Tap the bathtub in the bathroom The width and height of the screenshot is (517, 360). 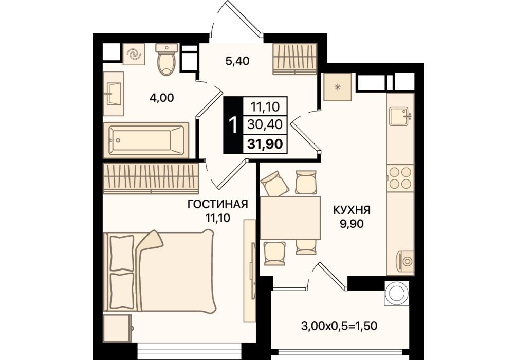point(146,140)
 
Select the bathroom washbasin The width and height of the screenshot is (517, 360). point(114,94)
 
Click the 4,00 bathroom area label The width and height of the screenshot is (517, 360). point(161,98)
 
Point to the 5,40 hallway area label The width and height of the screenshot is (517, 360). point(237,61)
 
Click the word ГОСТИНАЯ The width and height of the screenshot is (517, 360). point(217,205)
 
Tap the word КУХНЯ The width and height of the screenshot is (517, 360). point(352,210)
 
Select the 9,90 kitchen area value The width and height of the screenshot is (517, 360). point(352,224)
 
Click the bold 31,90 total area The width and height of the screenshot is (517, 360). point(265,144)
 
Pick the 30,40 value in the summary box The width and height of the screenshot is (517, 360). point(265,124)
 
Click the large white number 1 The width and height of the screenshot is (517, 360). point(233,125)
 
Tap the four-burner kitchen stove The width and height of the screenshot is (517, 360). point(400,178)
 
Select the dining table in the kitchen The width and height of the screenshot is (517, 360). point(290,218)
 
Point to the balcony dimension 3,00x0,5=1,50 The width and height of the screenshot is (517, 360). point(339,327)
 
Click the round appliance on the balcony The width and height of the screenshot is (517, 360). point(397,294)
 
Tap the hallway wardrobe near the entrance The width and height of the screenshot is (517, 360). point(295,59)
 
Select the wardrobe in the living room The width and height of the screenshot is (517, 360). point(151,177)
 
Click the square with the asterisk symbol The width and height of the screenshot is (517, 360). point(338,87)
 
